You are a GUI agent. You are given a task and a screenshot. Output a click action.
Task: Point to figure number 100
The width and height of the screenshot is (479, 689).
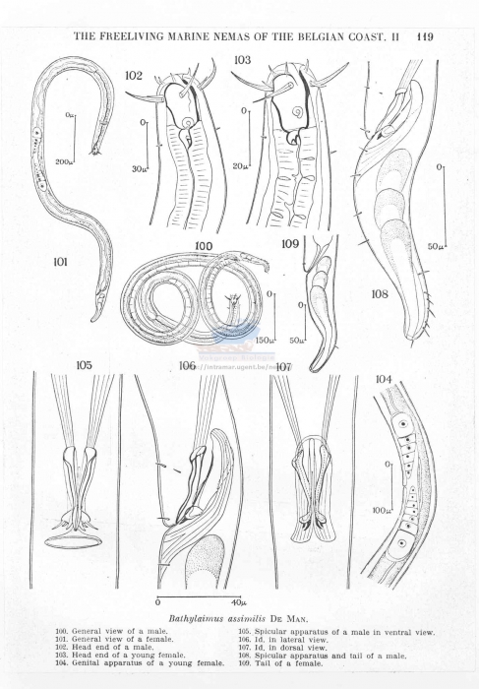point(204,245)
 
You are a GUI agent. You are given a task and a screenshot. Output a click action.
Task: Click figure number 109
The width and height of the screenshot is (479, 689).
point(290,242)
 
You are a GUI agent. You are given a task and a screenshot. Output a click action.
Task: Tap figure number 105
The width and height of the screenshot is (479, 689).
point(85,365)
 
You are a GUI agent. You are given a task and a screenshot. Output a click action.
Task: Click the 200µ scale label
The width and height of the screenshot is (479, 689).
point(64,161)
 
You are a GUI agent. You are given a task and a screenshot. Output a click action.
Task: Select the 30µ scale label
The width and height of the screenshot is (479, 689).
point(139,169)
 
